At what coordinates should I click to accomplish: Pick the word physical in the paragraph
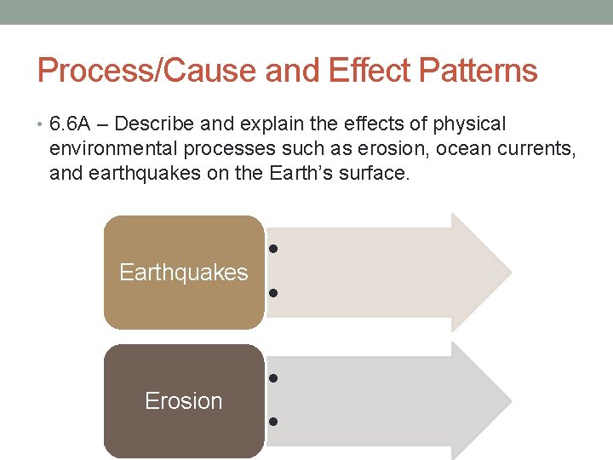pos(469,124)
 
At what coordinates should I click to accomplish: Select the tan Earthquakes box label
pos(184,273)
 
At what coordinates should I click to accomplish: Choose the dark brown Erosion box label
pos(184,401)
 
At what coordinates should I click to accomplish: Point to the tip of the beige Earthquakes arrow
pos(509,273)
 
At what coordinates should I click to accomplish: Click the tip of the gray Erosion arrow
pos(509,401)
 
